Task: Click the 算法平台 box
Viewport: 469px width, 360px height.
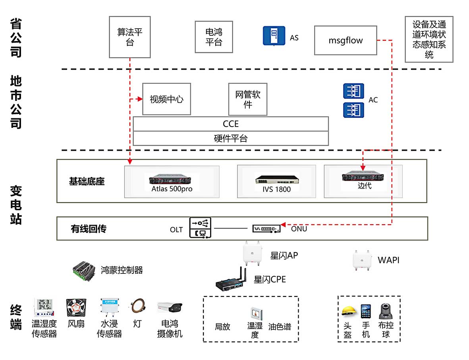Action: click(x=130, y=37)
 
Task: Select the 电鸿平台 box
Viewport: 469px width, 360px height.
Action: click(x=214, y=37)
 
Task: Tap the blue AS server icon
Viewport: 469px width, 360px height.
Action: click(x=274, y=36)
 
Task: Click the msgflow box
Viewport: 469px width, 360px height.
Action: click(x=345, y=40)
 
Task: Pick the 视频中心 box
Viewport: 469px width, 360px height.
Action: click(x=166, y=99)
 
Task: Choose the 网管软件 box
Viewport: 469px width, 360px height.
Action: click(x=248, y=99)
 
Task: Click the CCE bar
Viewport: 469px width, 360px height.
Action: click(x=231, y=124)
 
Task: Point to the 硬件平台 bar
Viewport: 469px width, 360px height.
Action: click(x=231, y=139)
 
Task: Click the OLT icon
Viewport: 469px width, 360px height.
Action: click(x=201, y=228)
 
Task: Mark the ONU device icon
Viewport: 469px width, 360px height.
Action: click(x=267, y=229)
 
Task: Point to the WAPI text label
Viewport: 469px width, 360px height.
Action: click(x=388, y=260)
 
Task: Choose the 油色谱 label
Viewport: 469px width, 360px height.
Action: click(x=280, y=327)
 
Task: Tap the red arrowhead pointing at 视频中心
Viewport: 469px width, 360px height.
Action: click(x=139, y=99)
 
